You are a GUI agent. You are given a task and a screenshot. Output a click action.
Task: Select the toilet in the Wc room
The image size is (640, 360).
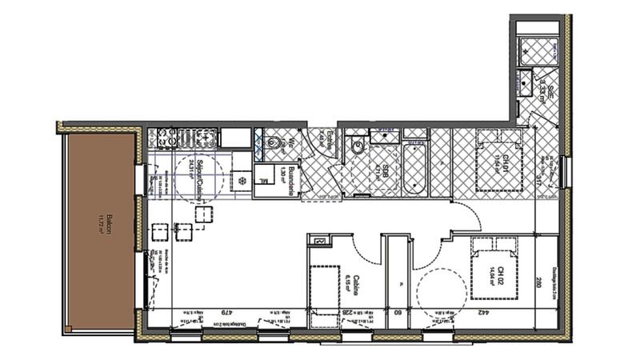pyautogui.click(x=274, y=144)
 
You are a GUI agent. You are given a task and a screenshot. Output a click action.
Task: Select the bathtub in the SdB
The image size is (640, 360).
pyautogui.click(x=414, y=167)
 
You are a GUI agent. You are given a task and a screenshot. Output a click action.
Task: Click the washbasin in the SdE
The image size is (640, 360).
pyautogui.click(x=526, y=82)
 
